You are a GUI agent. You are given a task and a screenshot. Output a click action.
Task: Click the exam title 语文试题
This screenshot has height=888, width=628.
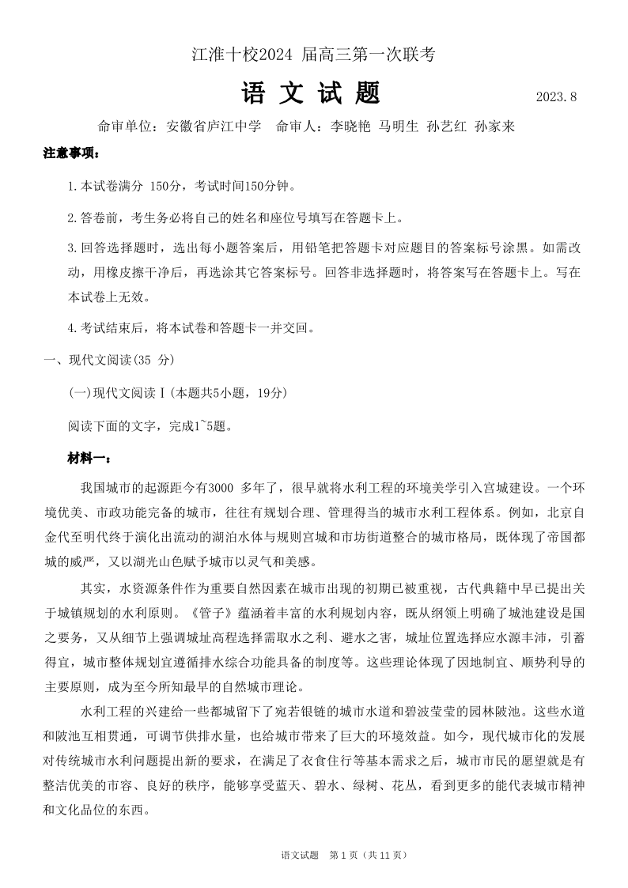tap(312, 93)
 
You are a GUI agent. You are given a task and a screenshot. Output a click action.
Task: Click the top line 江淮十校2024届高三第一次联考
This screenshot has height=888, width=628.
tap(313, 55)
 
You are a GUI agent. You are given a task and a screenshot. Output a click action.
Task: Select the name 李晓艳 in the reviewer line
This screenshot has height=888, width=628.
tap(350, 127)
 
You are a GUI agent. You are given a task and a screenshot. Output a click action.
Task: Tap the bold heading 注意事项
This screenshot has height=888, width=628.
tap(71, 153)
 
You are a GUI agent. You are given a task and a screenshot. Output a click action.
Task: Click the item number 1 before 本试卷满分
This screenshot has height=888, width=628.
tap(71, 187)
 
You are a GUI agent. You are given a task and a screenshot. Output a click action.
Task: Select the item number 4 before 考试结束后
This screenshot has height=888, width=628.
tap(71, 327)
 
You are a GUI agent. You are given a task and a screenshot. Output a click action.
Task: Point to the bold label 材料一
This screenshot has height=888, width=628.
tap(89, 458)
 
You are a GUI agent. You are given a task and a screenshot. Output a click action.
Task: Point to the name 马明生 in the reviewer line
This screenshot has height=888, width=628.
tap(399, 127)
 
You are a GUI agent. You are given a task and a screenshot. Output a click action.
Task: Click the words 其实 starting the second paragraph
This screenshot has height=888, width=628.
tap(93, 589)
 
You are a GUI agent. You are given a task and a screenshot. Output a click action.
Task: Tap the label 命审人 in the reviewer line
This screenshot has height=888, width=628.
tap(297, 127)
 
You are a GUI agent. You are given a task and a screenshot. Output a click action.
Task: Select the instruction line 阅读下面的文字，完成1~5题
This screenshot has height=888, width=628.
tap(150, 425)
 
